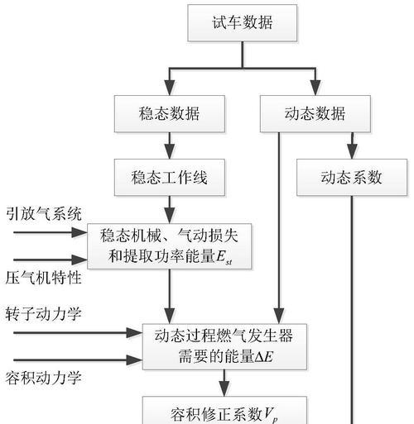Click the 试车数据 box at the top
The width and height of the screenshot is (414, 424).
tap(243, 23)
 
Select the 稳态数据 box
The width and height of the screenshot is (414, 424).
tap(170, 114)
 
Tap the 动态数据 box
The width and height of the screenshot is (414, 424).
tap(315, 114)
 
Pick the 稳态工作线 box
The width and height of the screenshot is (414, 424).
tap(170, 178)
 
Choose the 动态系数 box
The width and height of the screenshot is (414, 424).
tap(352, 178)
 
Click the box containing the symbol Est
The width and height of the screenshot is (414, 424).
tap(170, 246)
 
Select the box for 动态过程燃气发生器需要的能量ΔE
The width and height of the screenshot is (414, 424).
tap(224, 346)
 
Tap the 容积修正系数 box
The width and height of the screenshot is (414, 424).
tap(224, 411)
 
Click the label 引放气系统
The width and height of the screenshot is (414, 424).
tap(44, 214)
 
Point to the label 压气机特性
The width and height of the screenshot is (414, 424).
tap(44, 278)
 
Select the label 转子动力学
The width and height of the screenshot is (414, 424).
tap(43, 314)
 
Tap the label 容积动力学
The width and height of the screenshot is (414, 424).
tap(43, 378)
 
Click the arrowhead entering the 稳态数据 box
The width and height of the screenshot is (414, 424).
tap(170, 88)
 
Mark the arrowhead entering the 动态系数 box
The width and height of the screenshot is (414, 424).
tap(352, 151)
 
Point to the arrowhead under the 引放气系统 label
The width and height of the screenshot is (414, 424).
tap(79, 232)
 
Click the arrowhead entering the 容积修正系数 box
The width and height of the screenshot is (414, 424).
tap(224, 388)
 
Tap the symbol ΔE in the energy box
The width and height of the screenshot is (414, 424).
tap(264, 358)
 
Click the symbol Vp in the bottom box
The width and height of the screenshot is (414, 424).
tap(271, 415)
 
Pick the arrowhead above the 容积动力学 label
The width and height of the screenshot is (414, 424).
tap(134, 360)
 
